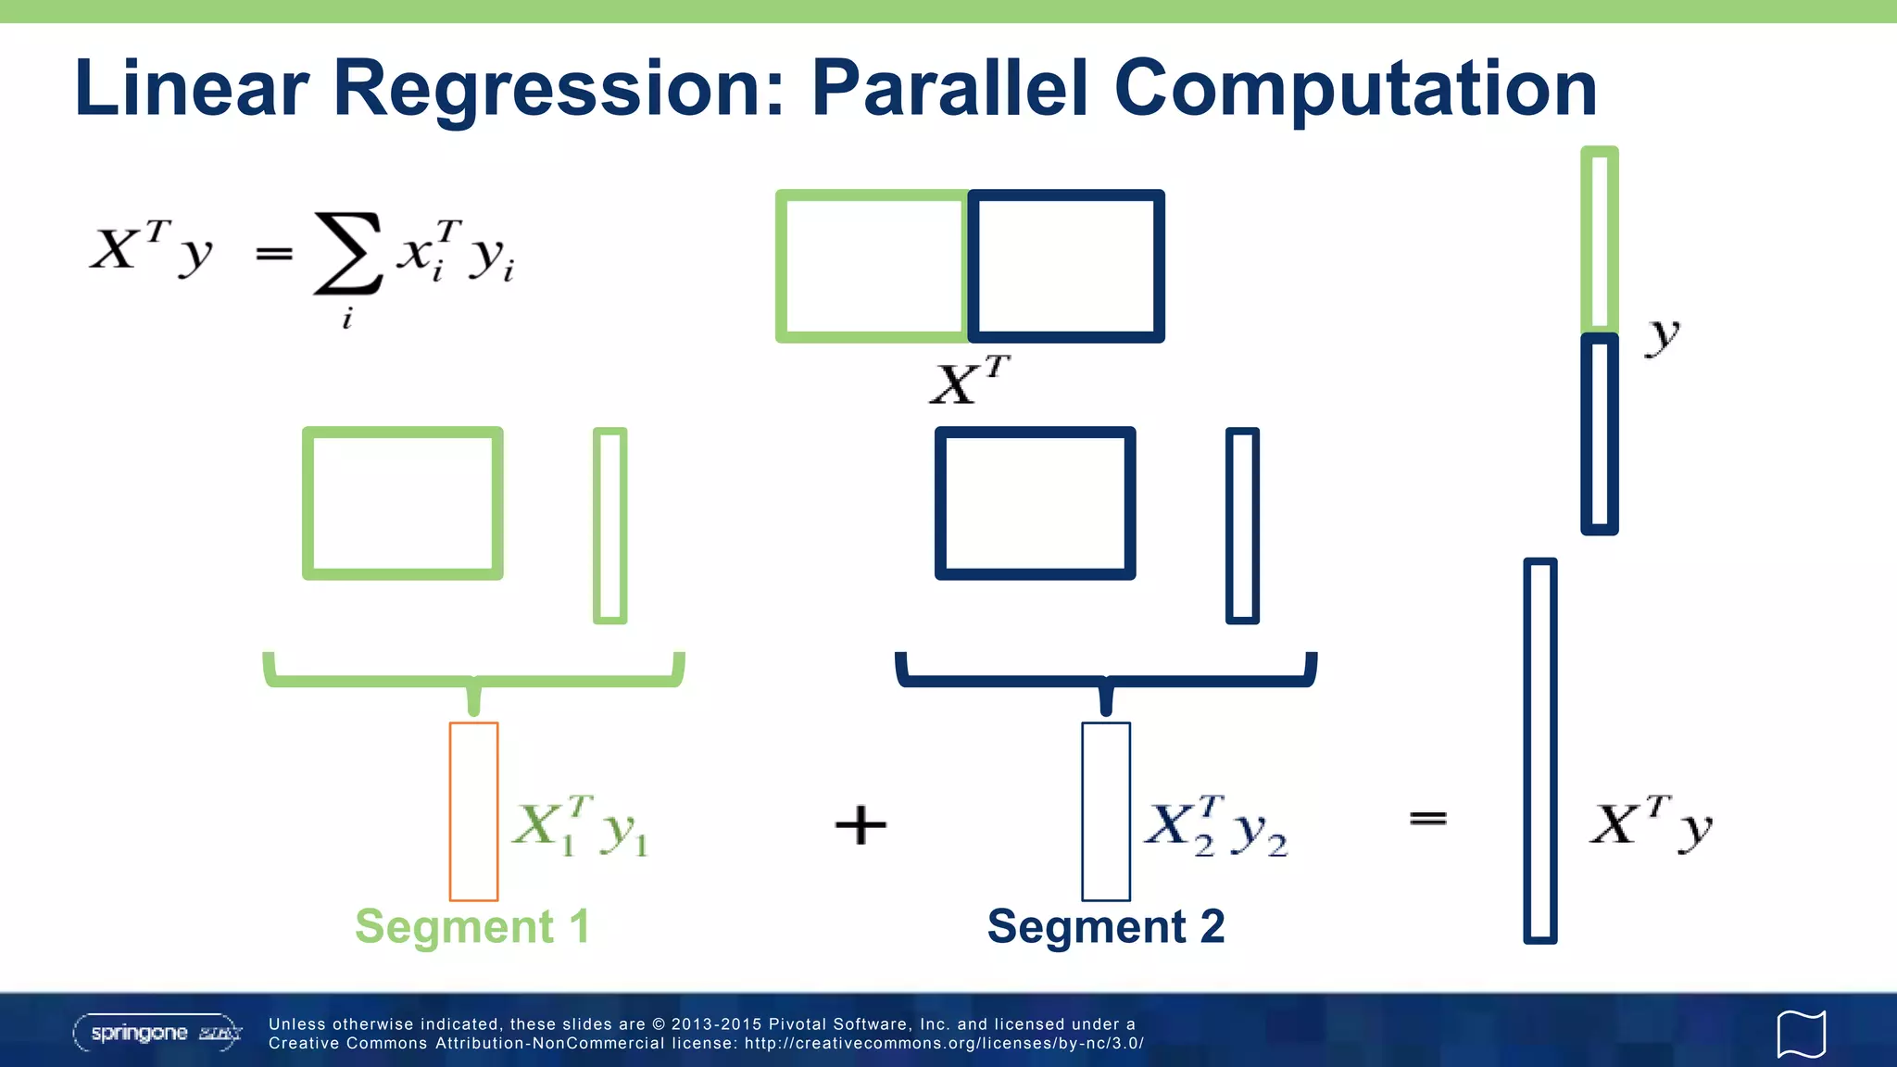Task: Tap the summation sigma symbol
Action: (x=347, y=253)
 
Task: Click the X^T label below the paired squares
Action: (x=968, y=380)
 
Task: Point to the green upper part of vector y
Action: (x=1600, y=239)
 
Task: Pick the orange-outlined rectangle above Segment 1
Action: (x=473, y=810)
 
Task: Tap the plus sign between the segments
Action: (x=861, y=824)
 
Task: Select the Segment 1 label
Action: (x=472, y=926)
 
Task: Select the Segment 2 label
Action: (x=1106, y=926)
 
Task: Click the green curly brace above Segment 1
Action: (x=473, y=681)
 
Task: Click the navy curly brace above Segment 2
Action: (x=1105, y=681)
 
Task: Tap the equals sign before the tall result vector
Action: (x=1427, y=818)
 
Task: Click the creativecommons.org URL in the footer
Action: (x=944, y=1044)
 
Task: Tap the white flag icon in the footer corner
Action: (x=1801, y=1034)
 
